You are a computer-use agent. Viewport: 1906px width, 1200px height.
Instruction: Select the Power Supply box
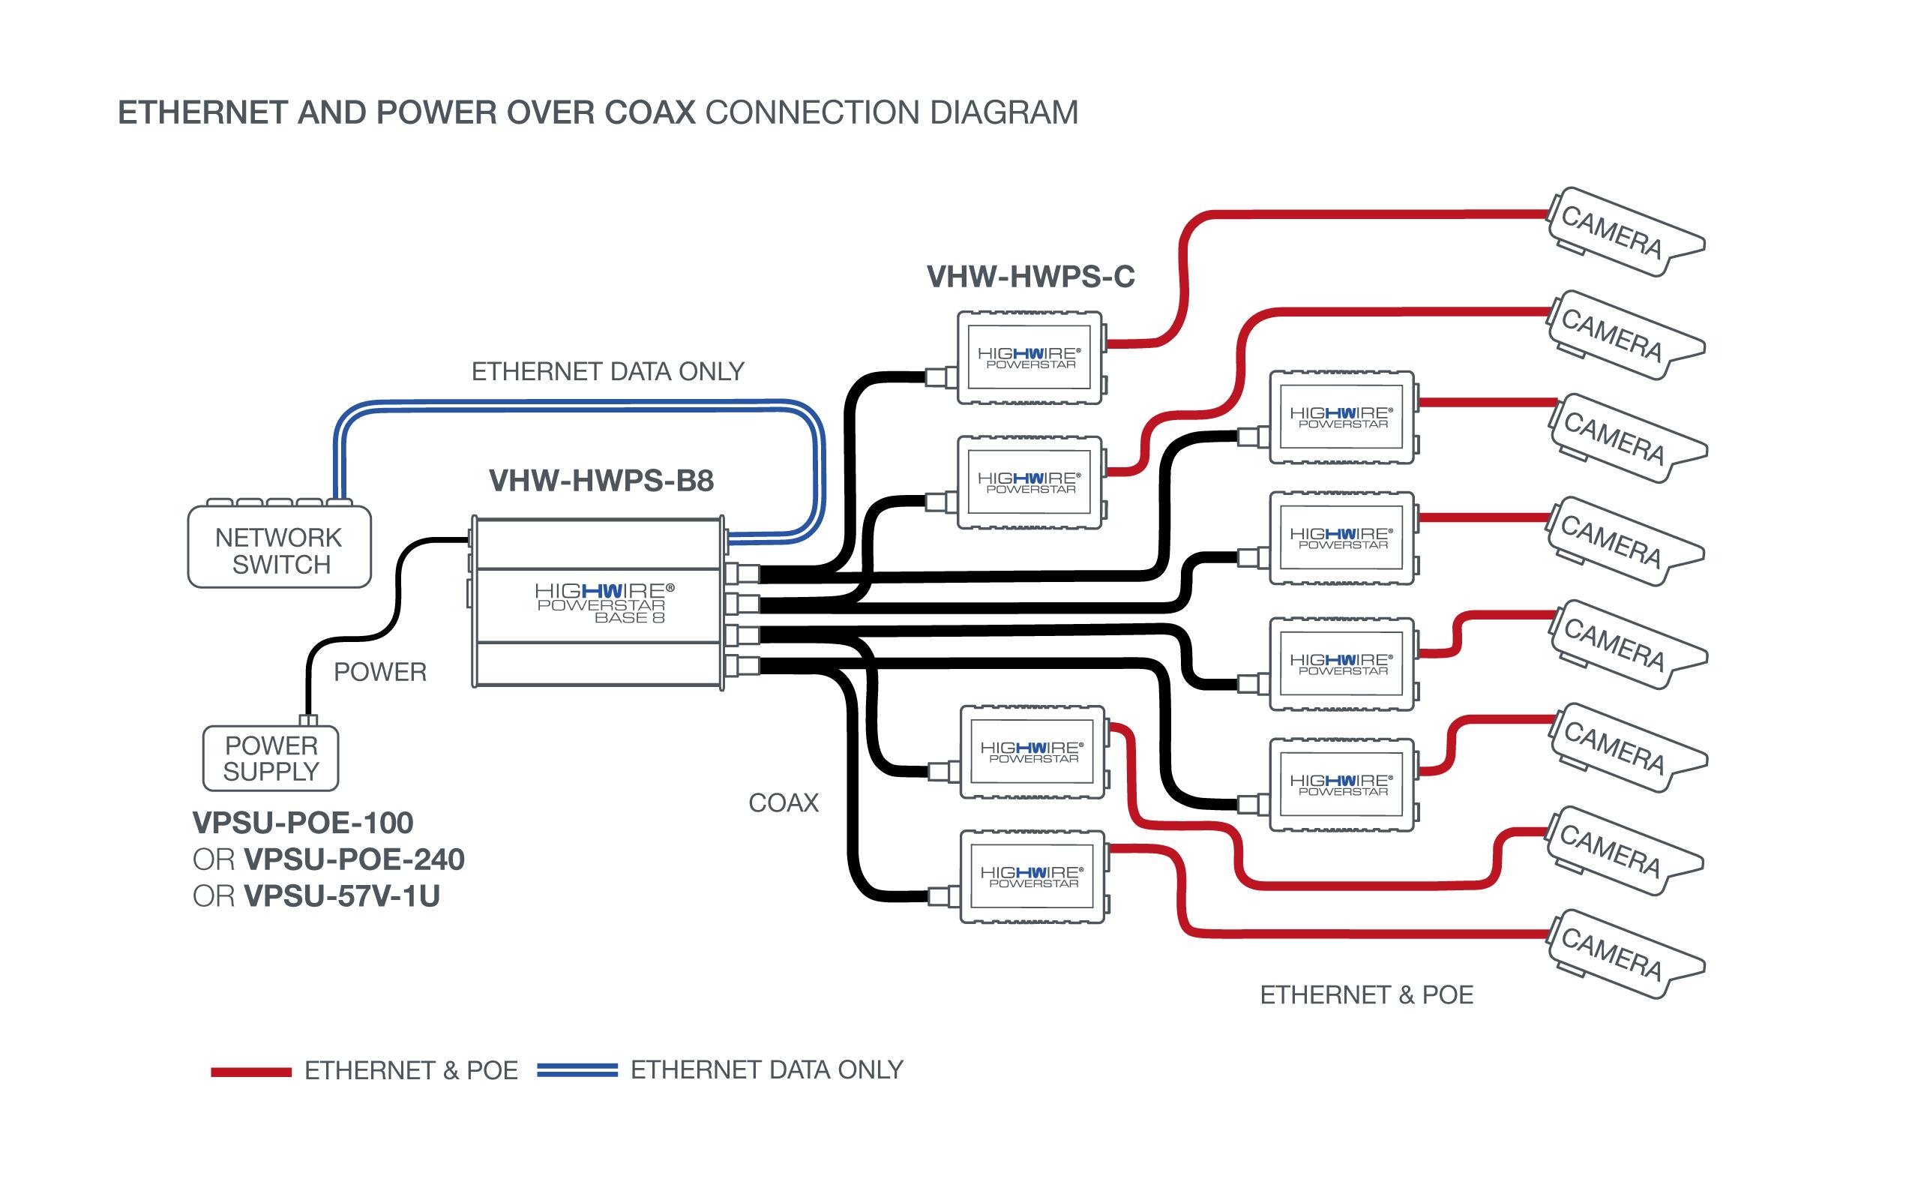click(271, 758)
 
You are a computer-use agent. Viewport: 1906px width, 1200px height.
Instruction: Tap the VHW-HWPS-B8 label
click(601, 481)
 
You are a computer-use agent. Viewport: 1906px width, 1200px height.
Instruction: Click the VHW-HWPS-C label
click(1030, 277)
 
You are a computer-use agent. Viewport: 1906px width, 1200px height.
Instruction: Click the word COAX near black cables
click(784, 802)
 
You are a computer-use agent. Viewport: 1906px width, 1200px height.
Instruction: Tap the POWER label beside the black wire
click(380, 672)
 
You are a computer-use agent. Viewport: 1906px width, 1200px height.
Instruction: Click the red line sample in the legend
click(251, 1072)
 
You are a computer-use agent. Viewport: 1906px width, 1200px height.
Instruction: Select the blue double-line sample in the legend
click(577, 1070)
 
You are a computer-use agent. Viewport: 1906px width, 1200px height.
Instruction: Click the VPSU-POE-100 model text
click(303, 823)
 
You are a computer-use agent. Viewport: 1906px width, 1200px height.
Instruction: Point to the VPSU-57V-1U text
click(341, 896)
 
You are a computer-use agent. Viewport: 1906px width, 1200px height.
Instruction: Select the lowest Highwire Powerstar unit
click(1032, 876)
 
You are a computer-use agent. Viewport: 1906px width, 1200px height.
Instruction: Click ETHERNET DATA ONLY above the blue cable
click(608, 371)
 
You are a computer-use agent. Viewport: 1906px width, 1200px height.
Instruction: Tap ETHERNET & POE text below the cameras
click(1366, 995)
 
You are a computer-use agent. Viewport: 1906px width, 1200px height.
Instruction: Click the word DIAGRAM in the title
click(1004, 113)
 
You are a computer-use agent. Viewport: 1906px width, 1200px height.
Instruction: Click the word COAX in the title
click(649, 113)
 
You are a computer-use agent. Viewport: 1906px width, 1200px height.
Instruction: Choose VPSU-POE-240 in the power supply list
click(354, 859)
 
